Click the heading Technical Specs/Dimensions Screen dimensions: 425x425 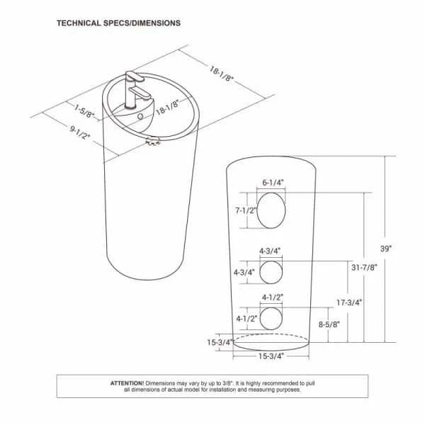tap(119, 23)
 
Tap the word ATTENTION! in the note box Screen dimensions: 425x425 tap(127, 383)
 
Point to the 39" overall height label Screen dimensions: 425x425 tap(386, 249)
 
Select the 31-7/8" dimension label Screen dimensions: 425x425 tap(364, 268)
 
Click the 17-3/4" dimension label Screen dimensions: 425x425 tap(349, 302)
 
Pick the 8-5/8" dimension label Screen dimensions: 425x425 tap(329, 324)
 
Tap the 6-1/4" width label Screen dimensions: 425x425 tap(273, 183)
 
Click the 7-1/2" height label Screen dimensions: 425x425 tap(246, 210)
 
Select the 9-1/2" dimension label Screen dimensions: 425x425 tap(79, 132)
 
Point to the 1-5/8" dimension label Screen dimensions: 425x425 tap(84, 111)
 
